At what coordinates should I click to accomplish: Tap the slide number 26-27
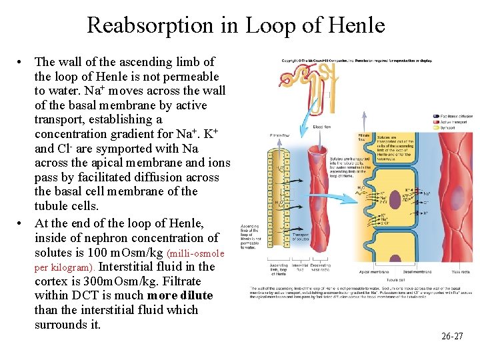451,336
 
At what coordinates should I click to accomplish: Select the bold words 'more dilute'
180,295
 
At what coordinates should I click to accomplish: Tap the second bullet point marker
21,223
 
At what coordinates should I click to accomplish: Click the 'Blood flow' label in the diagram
322,126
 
